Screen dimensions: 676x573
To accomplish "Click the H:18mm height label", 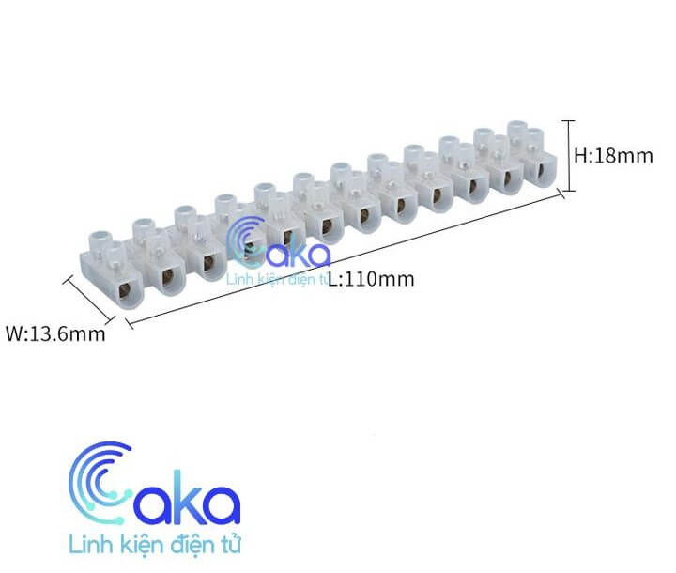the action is tap(613, 156).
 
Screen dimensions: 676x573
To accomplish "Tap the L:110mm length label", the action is tap(371, 279).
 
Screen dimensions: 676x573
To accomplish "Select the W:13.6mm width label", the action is tap(55, 334).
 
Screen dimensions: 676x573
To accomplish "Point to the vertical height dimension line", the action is tap(569, 156).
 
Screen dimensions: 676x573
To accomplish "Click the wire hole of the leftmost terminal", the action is tap(126, 289).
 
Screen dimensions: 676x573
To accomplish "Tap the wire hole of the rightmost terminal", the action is tap(539, 171).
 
